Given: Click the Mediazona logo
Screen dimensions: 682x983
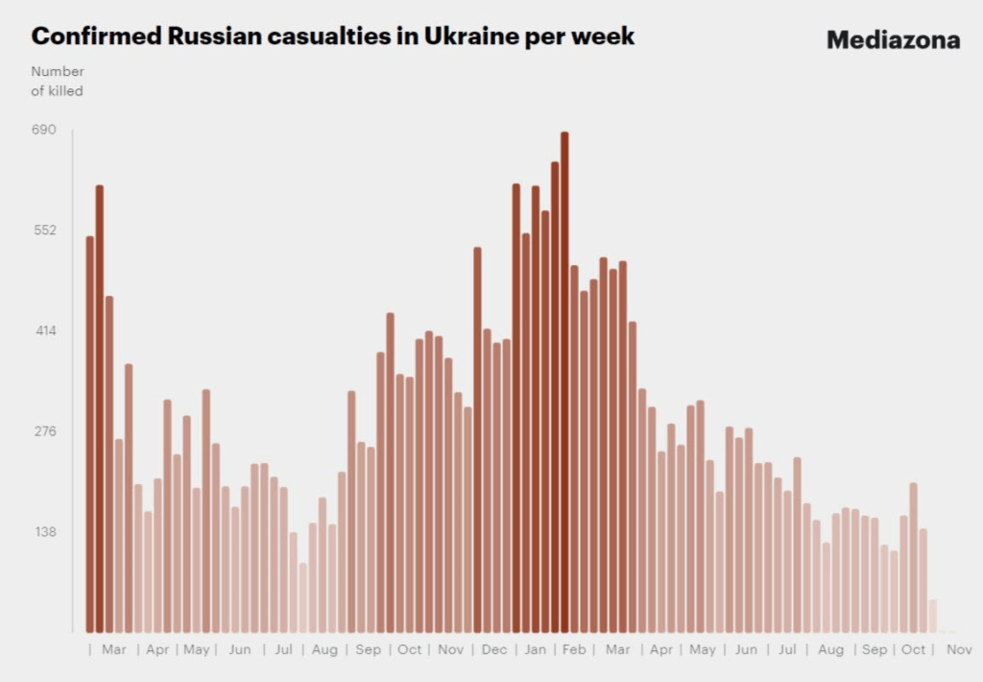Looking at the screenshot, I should (893, 40).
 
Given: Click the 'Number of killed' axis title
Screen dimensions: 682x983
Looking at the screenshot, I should (58, 81).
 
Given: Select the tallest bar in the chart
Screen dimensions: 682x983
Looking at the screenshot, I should (564, 384).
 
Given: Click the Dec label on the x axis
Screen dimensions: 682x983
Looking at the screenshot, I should (494, 650).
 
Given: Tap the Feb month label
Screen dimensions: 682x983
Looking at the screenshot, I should (573, 650).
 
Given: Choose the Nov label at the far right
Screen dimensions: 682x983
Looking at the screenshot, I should (959, 650).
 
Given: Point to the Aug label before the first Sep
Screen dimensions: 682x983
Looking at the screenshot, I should (324, 650).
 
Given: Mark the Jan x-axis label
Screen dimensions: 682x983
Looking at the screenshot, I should (535, 650).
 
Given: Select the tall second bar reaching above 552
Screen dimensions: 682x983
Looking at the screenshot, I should (100, 408).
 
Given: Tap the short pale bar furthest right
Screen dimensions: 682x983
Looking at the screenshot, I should (932, 617).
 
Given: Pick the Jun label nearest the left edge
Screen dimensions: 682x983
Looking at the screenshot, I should (240, 650).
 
